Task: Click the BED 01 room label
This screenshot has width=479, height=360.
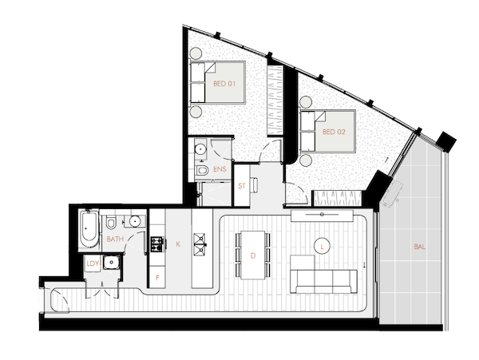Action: (224, 83)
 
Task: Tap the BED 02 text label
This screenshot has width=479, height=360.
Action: (334, 132)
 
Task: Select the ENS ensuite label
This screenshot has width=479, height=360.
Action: (220, 169)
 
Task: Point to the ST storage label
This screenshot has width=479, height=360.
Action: (242, 186)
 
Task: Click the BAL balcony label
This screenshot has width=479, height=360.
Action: (419, 247)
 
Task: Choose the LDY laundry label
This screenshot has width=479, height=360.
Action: (93, 263)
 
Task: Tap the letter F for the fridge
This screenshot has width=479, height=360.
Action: (157, 278)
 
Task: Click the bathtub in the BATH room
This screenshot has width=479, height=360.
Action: (89, 228)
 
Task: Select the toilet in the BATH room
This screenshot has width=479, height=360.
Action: (111, 223)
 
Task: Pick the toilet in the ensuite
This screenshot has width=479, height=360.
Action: (202, 170)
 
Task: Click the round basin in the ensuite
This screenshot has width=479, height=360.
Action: (200, 149)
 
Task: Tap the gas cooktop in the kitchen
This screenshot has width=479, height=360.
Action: (157, 244)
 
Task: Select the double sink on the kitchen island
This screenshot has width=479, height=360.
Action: (200, 244)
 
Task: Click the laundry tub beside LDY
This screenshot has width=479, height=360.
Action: (111, 263)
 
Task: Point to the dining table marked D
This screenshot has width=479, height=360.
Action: (252, 255)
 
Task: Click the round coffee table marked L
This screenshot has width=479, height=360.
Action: (322, 246)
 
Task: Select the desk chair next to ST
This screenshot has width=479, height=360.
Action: (254, 185)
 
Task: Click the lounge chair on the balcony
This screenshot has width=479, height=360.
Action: (392, 193)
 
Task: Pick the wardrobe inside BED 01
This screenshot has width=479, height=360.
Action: (275, 100)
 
